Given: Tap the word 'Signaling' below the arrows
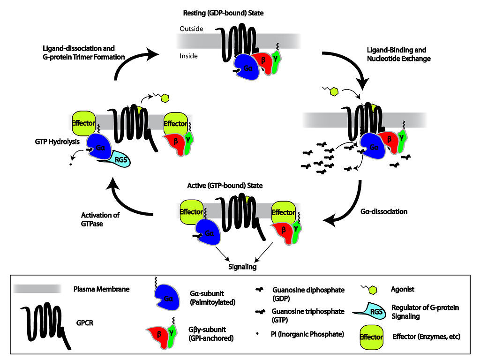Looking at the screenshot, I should point(243,267).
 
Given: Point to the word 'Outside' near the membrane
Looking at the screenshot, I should point(191,29).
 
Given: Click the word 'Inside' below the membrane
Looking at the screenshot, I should point(189,56).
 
